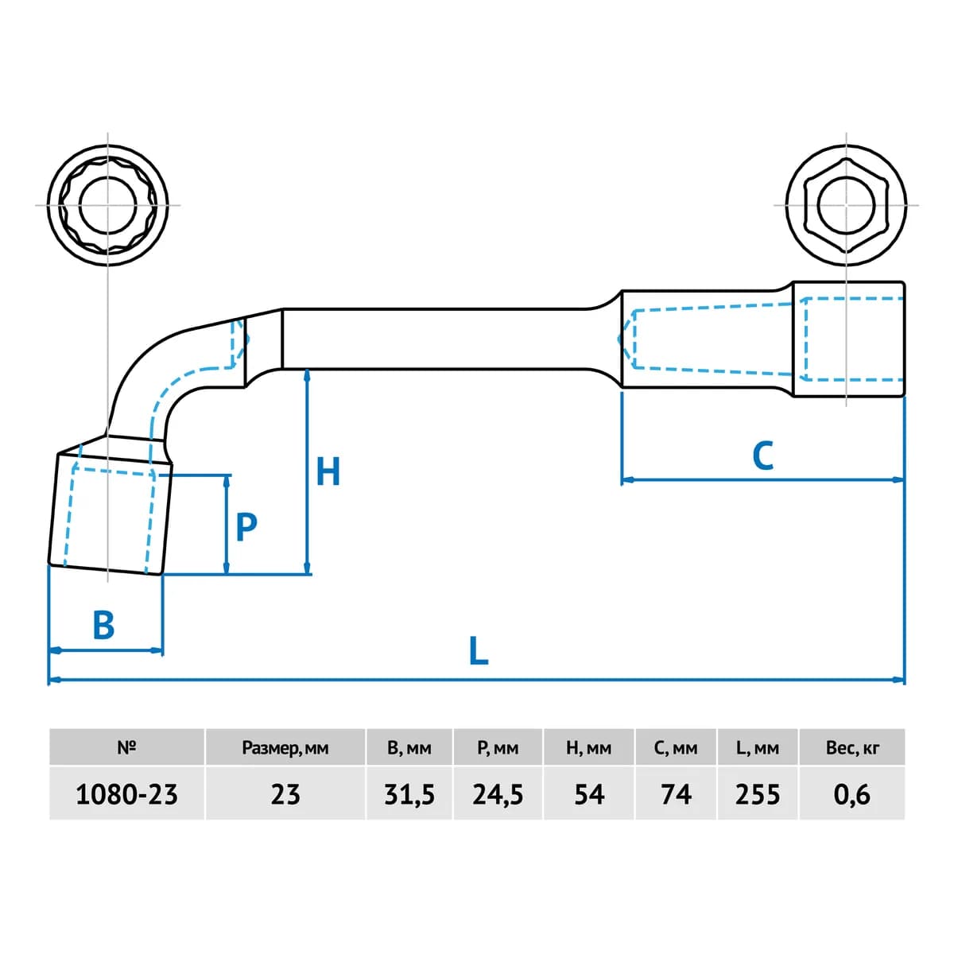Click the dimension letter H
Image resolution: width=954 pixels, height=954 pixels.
click(x=328, y=471)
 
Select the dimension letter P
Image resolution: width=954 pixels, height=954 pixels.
click(x=246, y=527)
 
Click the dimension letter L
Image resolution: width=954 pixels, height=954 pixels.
click(x=479, y=650)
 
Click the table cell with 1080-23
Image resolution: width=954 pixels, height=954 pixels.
click(x=126, y=794)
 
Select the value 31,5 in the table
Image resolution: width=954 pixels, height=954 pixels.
click(x=409, y=794)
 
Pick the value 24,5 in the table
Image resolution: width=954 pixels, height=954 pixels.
click(x=498, y=794)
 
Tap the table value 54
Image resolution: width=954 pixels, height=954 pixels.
click(x=589, y=794)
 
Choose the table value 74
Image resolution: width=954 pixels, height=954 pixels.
click(x=677, y=794)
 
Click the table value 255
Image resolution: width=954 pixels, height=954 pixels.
click(x=758, y=794)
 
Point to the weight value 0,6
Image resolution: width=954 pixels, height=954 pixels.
click(x=851, y=794)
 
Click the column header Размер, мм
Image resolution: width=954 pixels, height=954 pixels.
click(x=285, y=748)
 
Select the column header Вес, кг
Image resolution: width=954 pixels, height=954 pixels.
click(x=852, y=747)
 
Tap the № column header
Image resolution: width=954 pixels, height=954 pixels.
click(x=126, y=747)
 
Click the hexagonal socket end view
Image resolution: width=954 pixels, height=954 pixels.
click(x=846, y=205)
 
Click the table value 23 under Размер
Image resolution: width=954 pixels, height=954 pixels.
click(x=285, y=794)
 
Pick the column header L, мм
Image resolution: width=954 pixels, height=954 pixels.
click(x=758, y=747)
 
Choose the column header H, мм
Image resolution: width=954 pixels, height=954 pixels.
click(x=589, y=747)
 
